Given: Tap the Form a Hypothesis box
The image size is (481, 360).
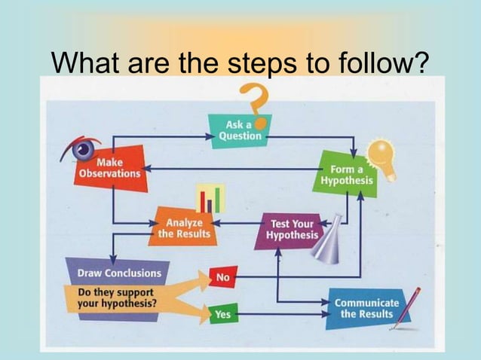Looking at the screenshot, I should [x=346, y=175].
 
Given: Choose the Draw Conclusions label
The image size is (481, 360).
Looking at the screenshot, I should [x=113, y=273].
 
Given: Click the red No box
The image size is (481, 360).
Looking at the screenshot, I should [x=222, y=277].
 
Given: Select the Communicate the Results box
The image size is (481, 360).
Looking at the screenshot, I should [x=366, y=308].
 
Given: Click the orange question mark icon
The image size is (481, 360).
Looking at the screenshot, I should [x=255, y=102].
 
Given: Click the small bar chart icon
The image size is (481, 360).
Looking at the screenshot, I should [x=210, y=199].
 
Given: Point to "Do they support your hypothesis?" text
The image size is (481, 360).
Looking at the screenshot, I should [x=115, y=298].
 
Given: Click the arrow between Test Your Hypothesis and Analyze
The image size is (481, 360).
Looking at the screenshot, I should [x=238, y=224].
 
